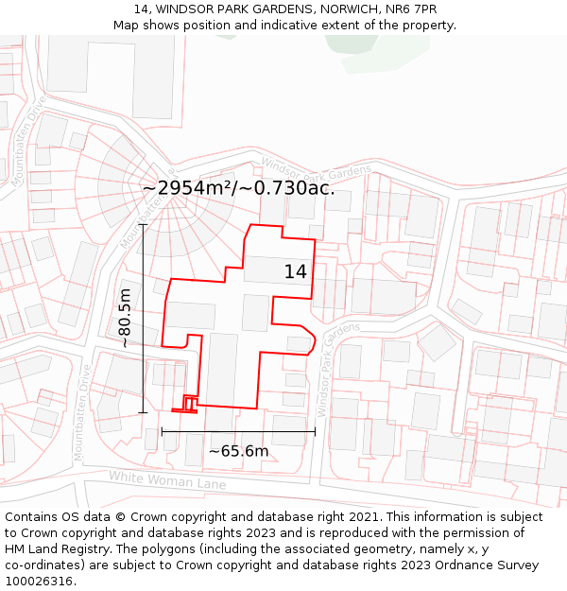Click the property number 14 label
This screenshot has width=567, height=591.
pos(295,272)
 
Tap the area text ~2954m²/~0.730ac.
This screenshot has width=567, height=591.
pos(238,188)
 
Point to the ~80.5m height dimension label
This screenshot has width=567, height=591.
pos(126,318)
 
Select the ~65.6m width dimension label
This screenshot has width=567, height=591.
pos(238,451)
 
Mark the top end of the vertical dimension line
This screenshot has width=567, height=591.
pos(143,225)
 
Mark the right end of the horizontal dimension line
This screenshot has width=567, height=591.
pos(315,432)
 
